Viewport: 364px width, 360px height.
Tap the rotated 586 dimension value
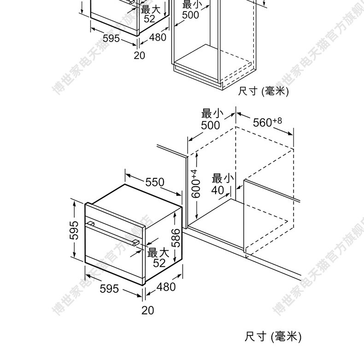point(176,238)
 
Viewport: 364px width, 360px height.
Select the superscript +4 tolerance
point(194,173)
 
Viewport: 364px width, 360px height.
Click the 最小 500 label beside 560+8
point(211,119)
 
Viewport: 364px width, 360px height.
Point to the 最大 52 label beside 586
point(159,258)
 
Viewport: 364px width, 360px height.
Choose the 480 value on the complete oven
point(166,287)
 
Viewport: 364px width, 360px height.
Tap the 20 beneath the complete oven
point(147,310)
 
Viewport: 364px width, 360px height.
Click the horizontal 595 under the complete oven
point(109,289)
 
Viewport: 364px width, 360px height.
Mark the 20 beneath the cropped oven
point(139,55)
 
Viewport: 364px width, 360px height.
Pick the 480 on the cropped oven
point(158,37)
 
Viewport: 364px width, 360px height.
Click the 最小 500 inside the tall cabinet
point(190,10)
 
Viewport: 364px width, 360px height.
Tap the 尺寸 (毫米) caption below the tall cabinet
point(263,91)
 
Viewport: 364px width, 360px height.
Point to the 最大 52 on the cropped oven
point(150,14)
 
